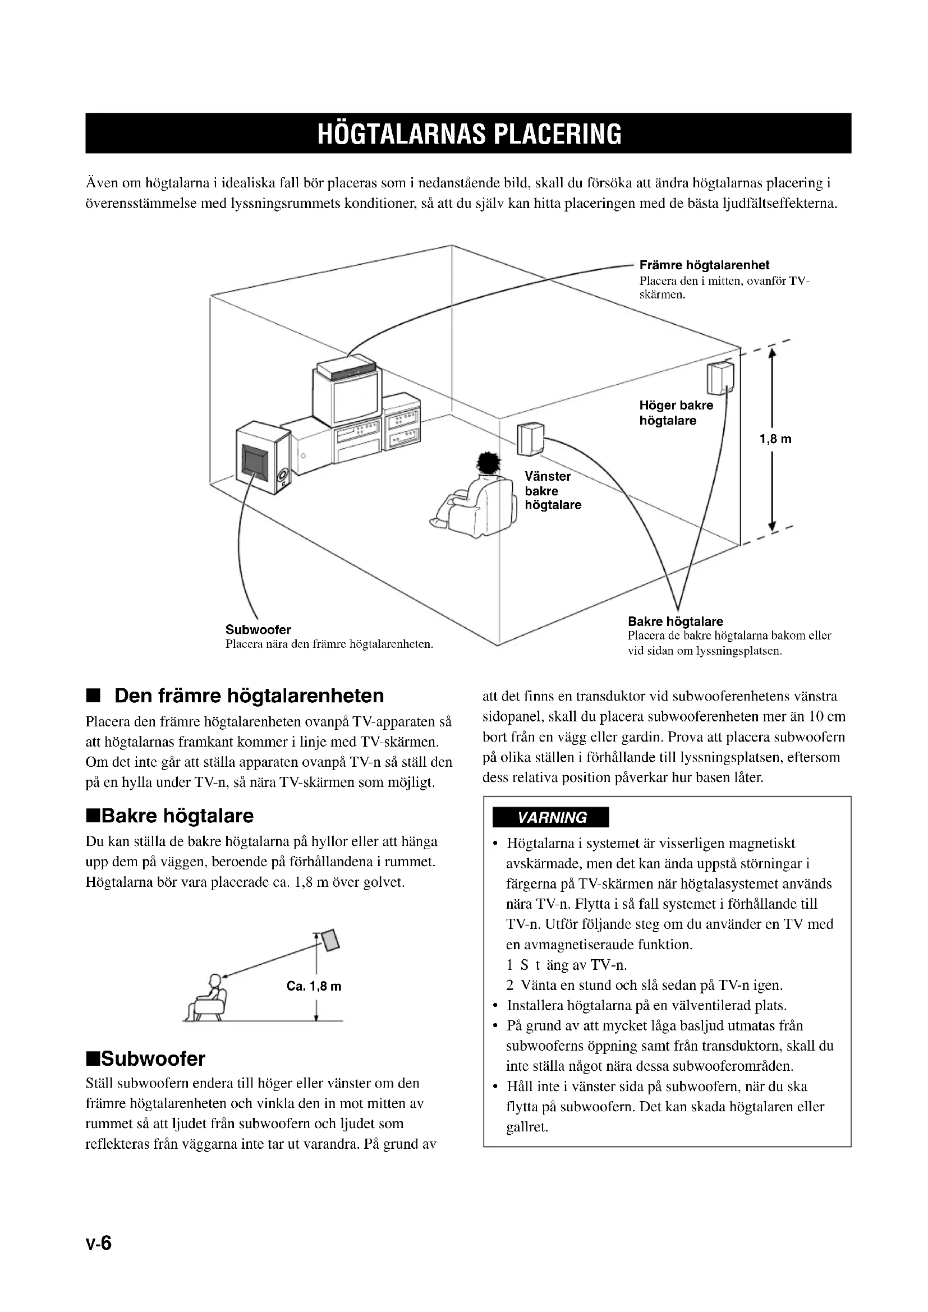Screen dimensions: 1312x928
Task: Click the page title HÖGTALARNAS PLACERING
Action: click(468, 133)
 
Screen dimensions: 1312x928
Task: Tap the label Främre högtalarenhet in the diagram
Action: click(704, 265)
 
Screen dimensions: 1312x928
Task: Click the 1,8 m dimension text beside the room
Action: click(775, 439)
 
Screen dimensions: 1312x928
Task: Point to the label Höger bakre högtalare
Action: click(676, 413)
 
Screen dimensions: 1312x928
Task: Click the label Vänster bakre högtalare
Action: click(552, 490)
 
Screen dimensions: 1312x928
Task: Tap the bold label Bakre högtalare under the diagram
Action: click(675, 621)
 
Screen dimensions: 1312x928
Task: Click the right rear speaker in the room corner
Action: click(719, 378)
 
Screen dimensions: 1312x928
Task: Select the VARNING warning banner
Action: click(552, 817)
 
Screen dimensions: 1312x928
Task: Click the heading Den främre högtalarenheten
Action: click(249, 696)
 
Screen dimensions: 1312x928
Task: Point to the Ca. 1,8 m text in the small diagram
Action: click(314, 986)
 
